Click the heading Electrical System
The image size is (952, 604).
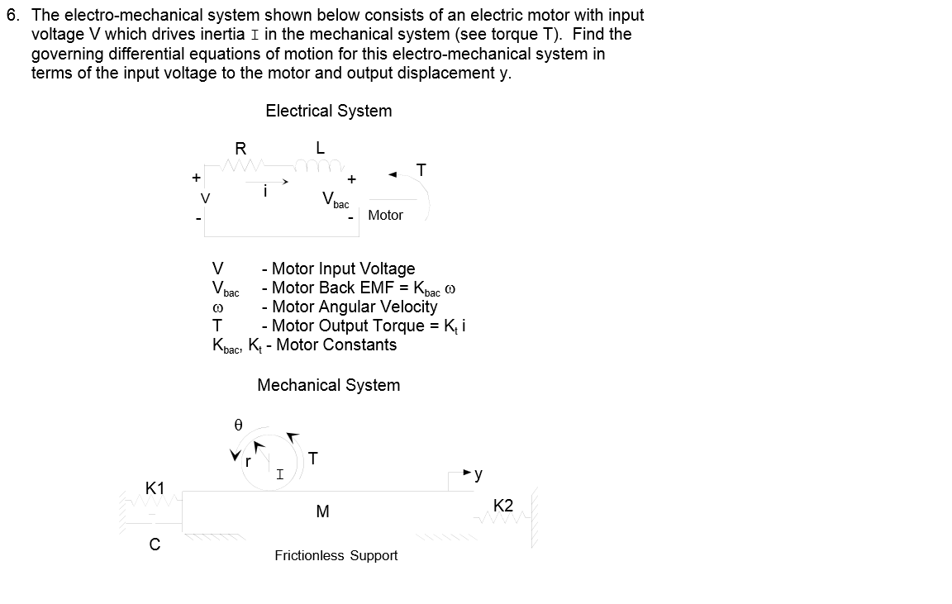328,111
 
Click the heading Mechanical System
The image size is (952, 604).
328,385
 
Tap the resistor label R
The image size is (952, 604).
240,149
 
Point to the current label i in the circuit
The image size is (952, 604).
264,191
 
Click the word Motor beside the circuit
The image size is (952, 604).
385,216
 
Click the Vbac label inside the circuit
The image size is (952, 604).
335,200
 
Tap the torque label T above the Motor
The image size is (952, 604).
421,170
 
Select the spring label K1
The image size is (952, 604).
155,488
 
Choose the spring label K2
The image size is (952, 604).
503,506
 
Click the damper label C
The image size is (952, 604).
155,545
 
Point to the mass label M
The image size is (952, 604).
322,512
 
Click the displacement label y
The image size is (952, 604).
478,474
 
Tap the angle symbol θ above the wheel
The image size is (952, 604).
238,425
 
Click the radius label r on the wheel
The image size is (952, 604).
247,461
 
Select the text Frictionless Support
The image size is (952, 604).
336,556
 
